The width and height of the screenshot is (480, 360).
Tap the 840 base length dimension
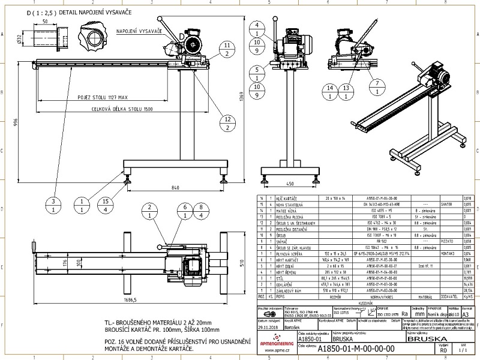(x=175, y=188)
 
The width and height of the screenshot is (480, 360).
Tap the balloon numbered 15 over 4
(x=104, y=205)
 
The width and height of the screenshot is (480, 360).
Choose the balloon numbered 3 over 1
(x=53, y=205)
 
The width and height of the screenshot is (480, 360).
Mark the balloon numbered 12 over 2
(x=226, y=123)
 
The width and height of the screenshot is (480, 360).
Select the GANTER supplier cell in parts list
(x=446, y=203)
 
